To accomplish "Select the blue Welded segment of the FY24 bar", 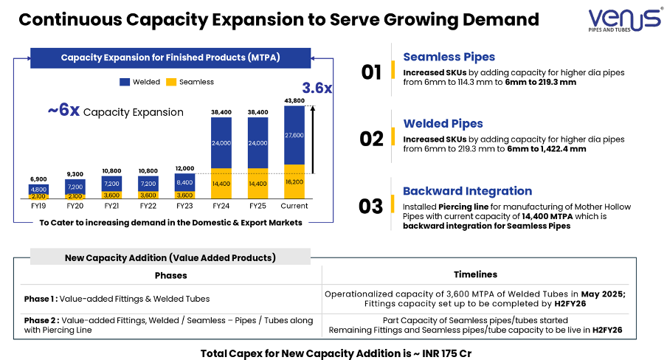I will (221, 142).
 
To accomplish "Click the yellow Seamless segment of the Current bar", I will (294, 181).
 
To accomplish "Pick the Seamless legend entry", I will (190, 82).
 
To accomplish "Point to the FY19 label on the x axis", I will (38, 207).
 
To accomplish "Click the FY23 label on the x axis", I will (184, 207).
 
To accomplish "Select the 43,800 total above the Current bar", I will (294, 100).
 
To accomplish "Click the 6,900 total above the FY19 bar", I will (38, 179).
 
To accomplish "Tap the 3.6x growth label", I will (317, 89).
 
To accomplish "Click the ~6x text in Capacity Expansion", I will (63, 111).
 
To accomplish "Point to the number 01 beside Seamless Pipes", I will (371, 72).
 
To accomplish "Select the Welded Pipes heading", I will (443, 123).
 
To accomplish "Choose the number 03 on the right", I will (371, 206).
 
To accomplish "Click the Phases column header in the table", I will (170, 275).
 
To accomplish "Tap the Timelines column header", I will (475, 274).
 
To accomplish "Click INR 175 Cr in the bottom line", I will (442, 353).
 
